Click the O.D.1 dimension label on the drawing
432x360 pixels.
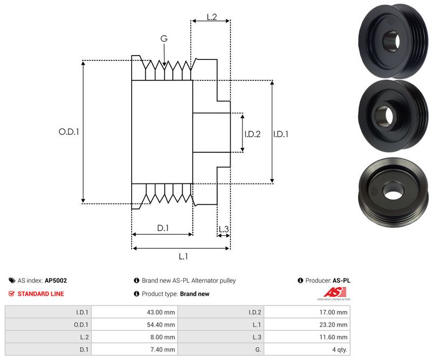69,131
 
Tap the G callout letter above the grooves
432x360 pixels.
164,38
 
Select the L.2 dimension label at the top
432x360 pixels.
212,17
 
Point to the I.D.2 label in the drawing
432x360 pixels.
252,134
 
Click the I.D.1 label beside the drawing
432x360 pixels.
281,134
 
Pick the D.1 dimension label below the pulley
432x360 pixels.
163,228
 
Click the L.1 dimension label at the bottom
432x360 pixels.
183,256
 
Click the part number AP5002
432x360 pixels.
56,281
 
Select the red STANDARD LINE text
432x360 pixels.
40,294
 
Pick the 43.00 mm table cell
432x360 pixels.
162,312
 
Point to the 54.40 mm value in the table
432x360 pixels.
162,324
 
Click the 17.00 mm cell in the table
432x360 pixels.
334,312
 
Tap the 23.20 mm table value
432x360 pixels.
334,324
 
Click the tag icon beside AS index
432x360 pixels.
12,281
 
